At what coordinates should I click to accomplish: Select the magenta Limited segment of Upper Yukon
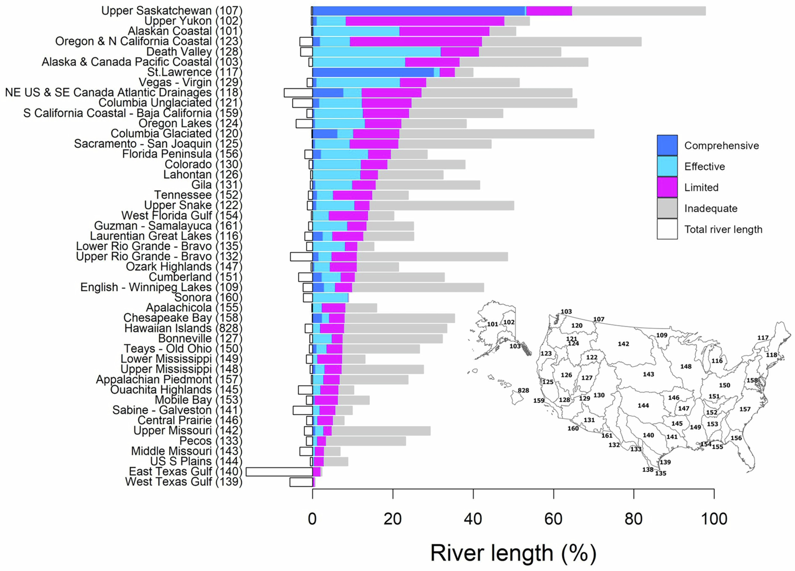(425, 21)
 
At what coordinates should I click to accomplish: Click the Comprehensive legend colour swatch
(667, 145)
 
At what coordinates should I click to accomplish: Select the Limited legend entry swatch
(667, 187)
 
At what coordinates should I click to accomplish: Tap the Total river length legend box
(667, 229)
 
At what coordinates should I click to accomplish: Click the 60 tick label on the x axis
(554, 519)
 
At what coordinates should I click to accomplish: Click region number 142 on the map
(623, 344)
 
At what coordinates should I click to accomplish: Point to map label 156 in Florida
(736, 438)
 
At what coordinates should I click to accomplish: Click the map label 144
(643, 406)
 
